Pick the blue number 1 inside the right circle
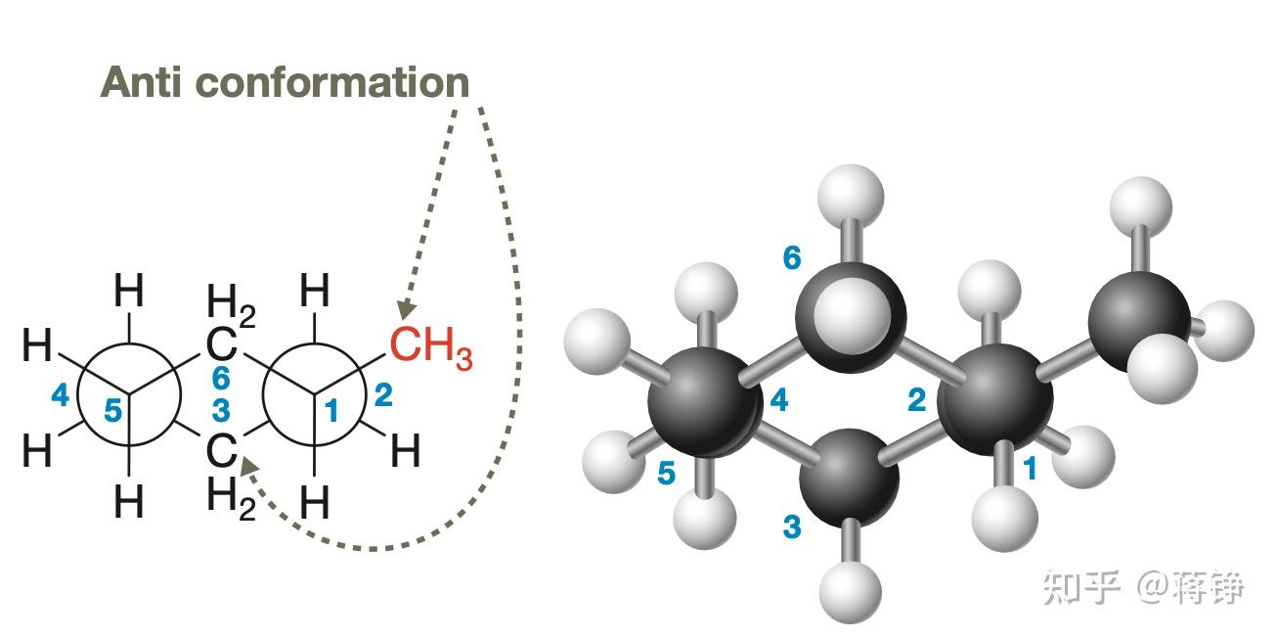(x=331, y=412)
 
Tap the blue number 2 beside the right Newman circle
(x=383, y=396)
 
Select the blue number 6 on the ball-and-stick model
(x=792, y=258)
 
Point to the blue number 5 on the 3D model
(x=666, y=474)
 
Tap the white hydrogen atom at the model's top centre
(x=850, y=197)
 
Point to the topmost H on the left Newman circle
(x=129, y=292)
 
